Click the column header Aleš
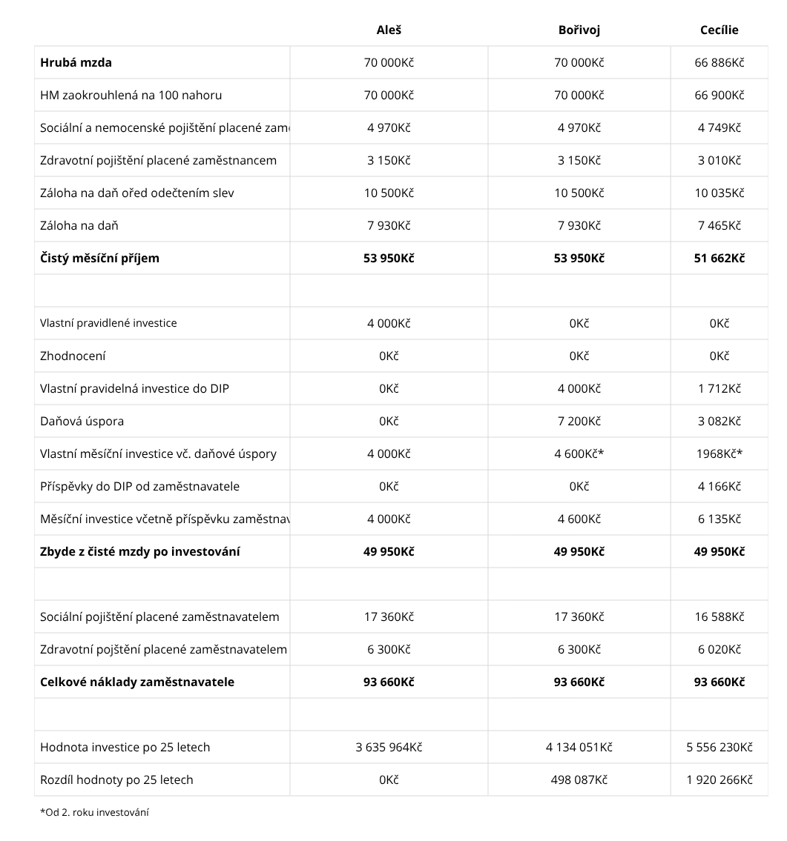pyautogui.click(x=389, y=30)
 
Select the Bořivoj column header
pyautogui.click(x=579, y=30)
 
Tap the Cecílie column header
pyautogui.click(x=719, y=30)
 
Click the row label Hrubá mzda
pyautogui.click(x=76, y=62)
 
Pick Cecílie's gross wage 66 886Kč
pyautogui.click(x=719, y=62)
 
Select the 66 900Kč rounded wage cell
pyautogui.click(x=719, y=95)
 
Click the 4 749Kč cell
pyautogui.click(x=719, y=127)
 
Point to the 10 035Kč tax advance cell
pyautogui.click(x=719, y=193)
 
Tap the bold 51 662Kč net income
pyautogui.click(x=719, y=258)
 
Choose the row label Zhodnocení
pyautogui.click(x=73, y=356)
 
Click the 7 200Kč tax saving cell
pyautogui.click(x=579, y=421)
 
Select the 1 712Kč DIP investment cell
pyautogui.click(x=719, y=388)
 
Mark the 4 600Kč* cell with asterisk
pyautogui.click(x=579, y=453)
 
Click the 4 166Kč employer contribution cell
pyautogui.click(x=719, y=486)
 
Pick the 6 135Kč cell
pyautogui.click(x=719, y=519)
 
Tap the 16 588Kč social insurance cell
pyautogui.click(x=719, y=616)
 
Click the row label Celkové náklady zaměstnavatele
pyautogui.click(x=137, y=682)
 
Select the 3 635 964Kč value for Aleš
pyautogui.click(x=389, y=747)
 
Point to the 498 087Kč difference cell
pyautogui.click(x=579, y=779)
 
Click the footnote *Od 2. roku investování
pyautogui.click(x=94, y=812)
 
